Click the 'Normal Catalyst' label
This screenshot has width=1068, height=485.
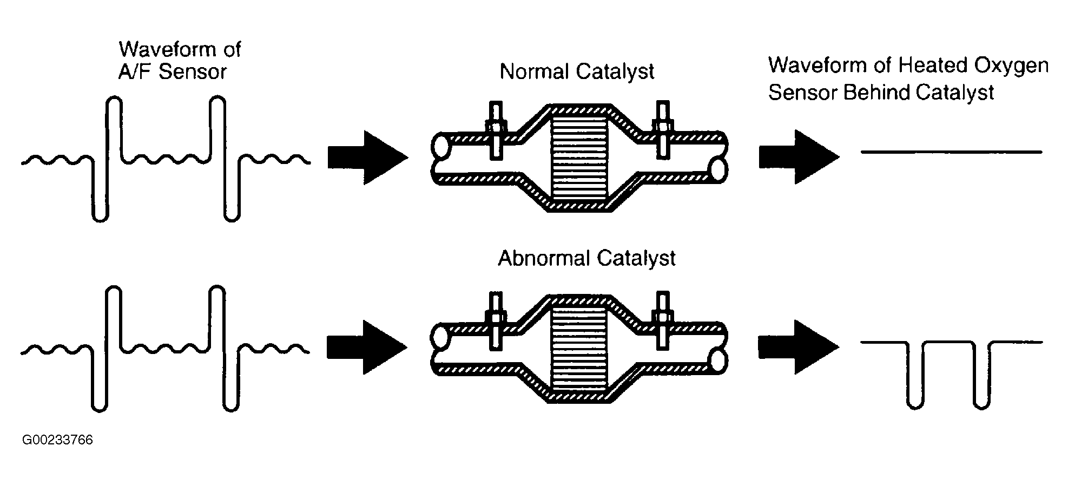(x=577, y=72)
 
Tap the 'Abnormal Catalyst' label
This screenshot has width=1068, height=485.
(x=586, y=258)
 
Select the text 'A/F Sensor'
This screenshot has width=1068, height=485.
(x=172, y=72)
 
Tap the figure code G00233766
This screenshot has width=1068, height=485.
(x=57, y=440)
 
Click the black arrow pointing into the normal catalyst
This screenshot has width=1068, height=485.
(x=367, y=158)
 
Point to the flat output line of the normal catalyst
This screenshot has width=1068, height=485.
(x=951, y=152)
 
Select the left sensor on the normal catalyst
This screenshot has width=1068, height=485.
(x=496, y=132)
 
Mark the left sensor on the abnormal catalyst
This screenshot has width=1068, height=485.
(x=496, y=320)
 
